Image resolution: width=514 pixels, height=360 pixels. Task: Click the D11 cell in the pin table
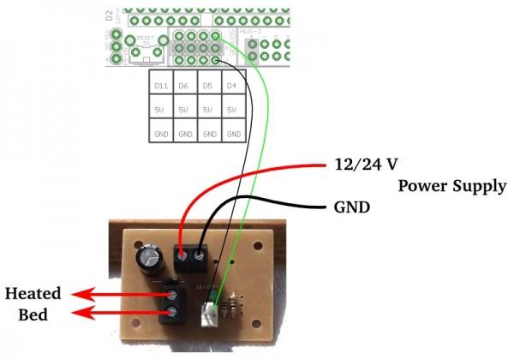[160, 87]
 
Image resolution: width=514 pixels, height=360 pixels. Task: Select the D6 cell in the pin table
[183, 87]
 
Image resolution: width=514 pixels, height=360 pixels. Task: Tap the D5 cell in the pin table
[207, 87]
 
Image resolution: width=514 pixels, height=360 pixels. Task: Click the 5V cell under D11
[160, 111]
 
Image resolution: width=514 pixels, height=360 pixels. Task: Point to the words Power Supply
[453, 186]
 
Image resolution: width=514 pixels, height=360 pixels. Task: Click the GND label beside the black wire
[347, 208]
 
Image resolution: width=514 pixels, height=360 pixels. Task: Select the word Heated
[33, 293]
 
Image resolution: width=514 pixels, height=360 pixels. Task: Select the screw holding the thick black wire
[200, 253]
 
